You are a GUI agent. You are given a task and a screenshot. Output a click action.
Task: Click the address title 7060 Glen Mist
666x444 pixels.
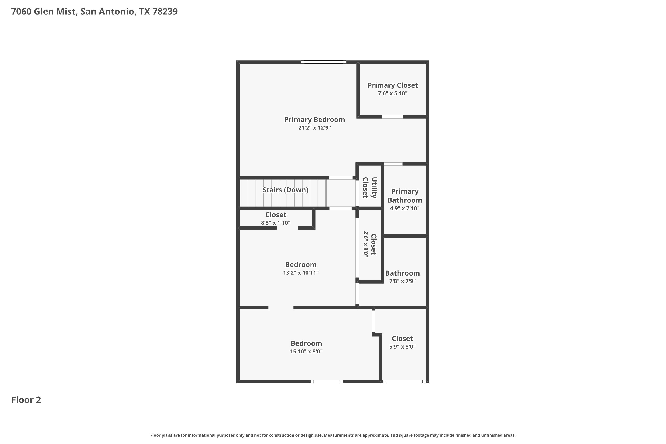(x=94, y=12)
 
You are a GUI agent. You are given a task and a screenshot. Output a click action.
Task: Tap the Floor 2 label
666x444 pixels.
(x=26, y=400)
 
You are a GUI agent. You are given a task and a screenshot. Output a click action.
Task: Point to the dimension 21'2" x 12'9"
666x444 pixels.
(x=315, y=128)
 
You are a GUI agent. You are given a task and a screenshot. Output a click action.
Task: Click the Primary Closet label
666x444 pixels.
(x=393, y=85)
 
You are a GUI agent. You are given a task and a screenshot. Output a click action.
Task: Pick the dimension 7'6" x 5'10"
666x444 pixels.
(x=393, y=93)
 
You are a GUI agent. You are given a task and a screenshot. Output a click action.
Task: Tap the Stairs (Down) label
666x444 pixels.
(x=285, y=190)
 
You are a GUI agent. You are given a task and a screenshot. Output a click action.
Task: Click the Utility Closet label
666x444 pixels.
(x=370, y=188)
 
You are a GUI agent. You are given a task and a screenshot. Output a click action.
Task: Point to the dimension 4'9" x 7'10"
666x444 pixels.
(x=405, y=208)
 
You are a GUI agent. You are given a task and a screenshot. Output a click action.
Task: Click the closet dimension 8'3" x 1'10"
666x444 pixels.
(x=276, y=223)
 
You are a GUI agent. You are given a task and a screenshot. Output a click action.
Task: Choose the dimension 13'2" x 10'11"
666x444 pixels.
(x=301, y=273)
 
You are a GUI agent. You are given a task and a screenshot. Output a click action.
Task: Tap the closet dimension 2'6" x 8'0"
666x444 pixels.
(x=366, y=244)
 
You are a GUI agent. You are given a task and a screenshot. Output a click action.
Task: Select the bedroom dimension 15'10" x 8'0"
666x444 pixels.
(x=306, y=352)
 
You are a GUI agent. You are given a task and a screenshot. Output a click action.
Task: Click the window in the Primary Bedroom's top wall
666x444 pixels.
(x=323, y=62)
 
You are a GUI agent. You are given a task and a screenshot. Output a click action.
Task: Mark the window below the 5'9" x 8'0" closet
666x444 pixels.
(x=404, y=382)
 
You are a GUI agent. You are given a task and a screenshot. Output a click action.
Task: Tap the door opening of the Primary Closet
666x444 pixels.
(x=392, y=117)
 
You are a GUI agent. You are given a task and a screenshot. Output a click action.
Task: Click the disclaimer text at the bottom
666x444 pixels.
(x=333, y=435)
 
